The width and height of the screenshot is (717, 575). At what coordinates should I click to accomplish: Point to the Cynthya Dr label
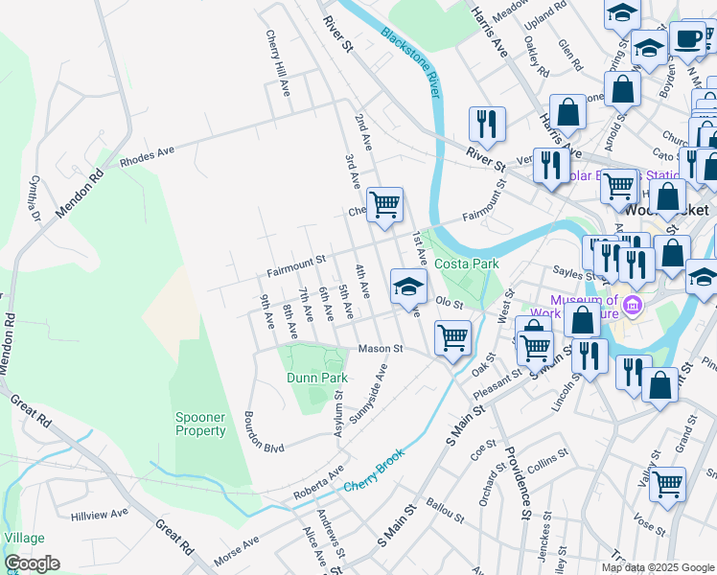tap(35, 196)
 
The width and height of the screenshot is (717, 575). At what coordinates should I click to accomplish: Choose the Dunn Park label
tap(316, 378)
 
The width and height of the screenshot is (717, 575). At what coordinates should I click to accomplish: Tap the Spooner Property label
tap(200, 424)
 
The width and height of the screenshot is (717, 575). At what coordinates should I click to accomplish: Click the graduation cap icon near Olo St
tap(408, 286)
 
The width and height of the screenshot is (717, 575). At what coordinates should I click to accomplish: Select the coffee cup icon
tap(686, 39)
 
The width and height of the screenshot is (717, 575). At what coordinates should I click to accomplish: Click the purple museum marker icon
tap(632, 307)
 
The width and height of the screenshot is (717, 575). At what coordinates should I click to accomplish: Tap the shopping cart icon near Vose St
tap(667, 483)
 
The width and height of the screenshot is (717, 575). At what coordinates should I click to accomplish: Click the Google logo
tap(32, 563)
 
